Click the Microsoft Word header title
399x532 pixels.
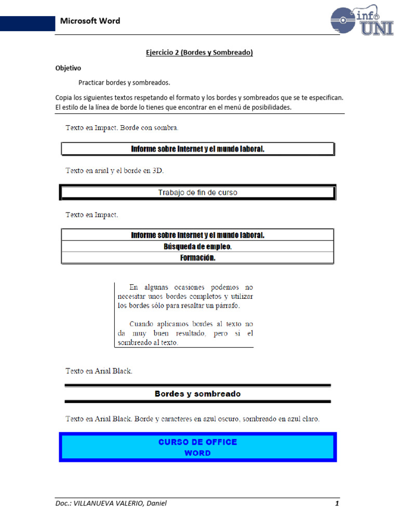pyautogui.click(x=90, y=21)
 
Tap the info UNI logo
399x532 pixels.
pyautogui.click(x=362, y=21)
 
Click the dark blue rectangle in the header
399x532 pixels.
pyautogui.click(x=28, y=23)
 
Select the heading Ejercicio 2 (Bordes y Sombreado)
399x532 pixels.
pyautogui.click(x=198, y=52)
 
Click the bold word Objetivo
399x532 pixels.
pyautogui.click(x=68, y=68)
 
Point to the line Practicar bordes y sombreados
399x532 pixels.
pyautogui.click(x=124, y=83)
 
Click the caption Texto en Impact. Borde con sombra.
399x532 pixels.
pyautogui.click(x=122, y=127)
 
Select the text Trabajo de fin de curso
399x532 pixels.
pyautogui.click(x=197, y=193)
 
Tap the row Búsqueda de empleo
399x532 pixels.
pyautogui.click(x=197, y=247)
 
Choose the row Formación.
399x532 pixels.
pyautogui.click(x=197, y=258)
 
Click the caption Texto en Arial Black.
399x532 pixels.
pyautogui.click(x=99, y=371)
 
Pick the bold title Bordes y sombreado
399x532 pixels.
pyautogui.click(x=197, y=394)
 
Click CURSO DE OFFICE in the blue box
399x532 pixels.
pyautogui.click(x=197, y=442)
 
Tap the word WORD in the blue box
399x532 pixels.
pyautogui.click(x=197, y=453)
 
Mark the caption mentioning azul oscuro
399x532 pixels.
pyautogui.click(x=192, y=419)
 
